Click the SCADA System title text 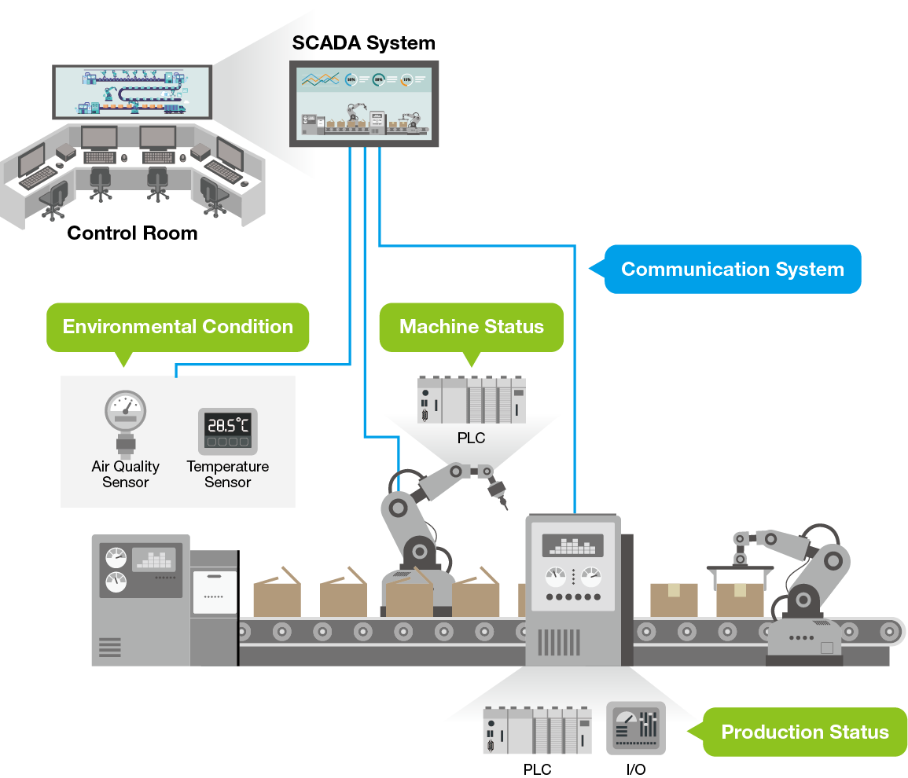(363, 43)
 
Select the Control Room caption (132, 233)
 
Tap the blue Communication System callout (732, 270)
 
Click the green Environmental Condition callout (178, 327)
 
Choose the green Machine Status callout (472, 327)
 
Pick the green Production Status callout (805, 732)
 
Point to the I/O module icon (636, 729)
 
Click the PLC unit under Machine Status (472, 400)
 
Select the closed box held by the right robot (740, 600)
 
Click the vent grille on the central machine (559, 642)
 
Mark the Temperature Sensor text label (228, 475)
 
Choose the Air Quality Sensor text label (126, 475)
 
